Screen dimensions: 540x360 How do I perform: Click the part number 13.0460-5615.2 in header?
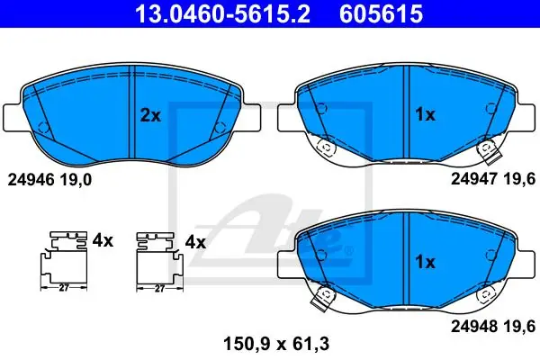(223, 13)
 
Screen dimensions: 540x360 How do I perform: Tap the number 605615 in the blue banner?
(382, 13)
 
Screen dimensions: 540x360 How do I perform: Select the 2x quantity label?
(150, 116)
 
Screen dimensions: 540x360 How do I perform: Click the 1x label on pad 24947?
(426, 114)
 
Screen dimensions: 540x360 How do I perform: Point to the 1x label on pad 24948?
(426, 262)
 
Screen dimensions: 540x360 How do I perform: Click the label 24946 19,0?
(49, 179)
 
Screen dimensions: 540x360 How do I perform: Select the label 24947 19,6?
(493, 179)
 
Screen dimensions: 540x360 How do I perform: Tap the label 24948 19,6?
(493, 326)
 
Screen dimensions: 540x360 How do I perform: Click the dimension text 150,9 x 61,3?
(276, 344)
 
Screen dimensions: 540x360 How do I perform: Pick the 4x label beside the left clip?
(103, 241)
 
